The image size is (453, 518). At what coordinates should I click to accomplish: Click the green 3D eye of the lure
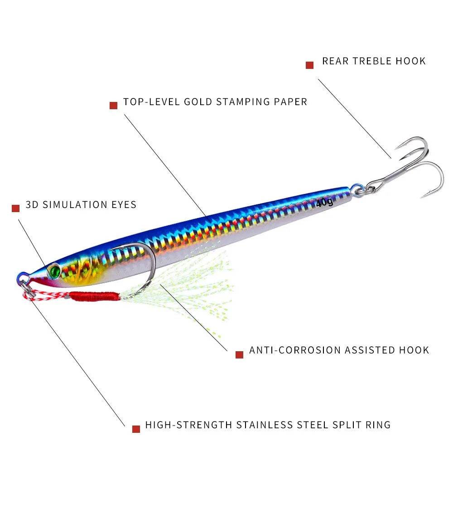[54, 271]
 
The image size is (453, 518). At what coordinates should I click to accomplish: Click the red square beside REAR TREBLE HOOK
[310, 65]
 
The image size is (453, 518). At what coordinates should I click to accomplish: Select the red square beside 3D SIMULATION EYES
[16, 208]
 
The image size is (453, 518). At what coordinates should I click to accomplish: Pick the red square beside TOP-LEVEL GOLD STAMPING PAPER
[114, 106]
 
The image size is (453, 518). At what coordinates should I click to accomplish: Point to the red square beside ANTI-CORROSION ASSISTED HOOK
[240, 354]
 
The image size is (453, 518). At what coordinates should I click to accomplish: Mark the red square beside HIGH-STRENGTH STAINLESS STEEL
[136, 429]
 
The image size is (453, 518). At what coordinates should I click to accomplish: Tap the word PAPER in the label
[290, 102]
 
